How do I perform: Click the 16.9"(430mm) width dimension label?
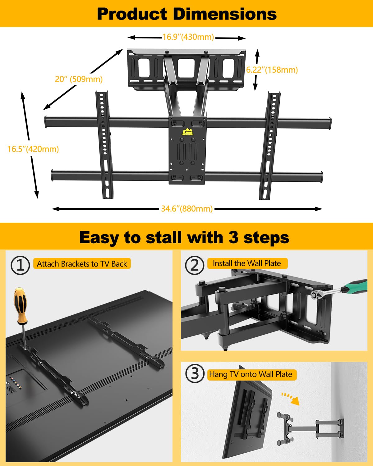click(188, 37)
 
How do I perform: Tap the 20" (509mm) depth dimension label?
click(79, 79)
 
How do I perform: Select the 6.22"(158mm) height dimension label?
click(272, 70)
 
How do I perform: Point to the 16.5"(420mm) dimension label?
click(33, 149)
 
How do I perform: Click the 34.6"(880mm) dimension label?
click(186, 209)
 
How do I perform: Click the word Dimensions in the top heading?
click(224, 14)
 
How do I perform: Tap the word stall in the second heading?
click(163, 237)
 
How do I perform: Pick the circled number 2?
click(195, 265)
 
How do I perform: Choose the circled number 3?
click(195, 373)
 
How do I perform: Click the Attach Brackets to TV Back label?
click(82, 264)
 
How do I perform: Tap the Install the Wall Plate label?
click(247, 263)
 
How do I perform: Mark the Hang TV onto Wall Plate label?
click(251, 374)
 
